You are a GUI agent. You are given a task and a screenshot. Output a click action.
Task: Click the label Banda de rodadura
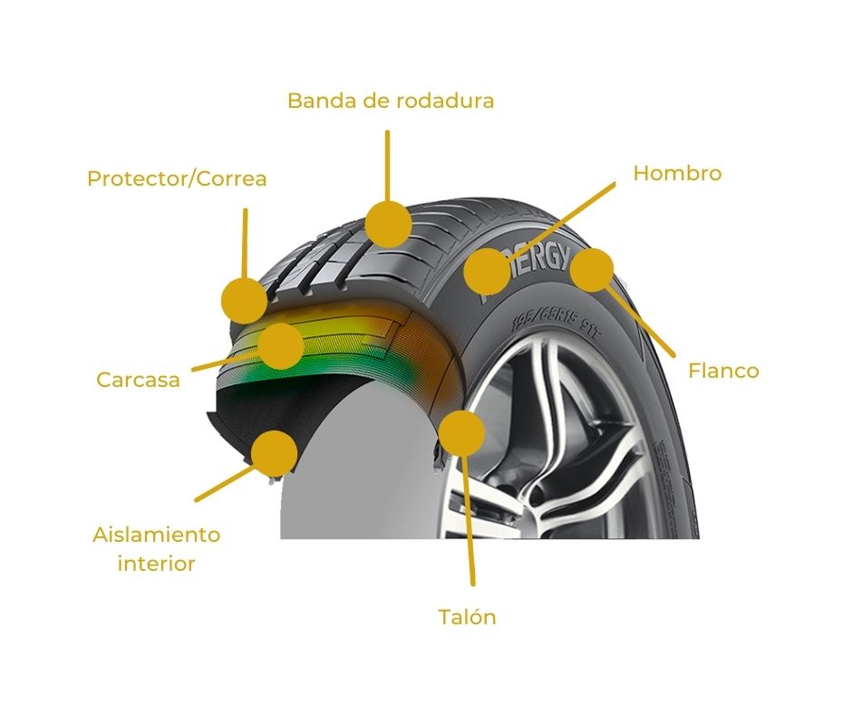click(391, 101)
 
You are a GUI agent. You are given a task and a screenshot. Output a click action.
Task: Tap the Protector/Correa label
click(177, 178)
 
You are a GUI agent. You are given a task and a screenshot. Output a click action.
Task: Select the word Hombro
click(677, 173)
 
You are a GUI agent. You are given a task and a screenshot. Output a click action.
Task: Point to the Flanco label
click(723, 371)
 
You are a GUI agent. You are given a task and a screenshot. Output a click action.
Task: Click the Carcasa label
click(138, 380)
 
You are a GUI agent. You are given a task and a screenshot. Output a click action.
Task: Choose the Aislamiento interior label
click(156, 549)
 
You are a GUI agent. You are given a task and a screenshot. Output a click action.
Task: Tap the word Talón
click(467, 618)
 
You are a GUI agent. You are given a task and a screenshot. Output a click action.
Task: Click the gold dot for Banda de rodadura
click(388, 224)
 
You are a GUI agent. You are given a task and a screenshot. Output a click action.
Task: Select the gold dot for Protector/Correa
click(245, 300)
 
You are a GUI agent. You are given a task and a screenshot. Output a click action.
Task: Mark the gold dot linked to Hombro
click(488, 271)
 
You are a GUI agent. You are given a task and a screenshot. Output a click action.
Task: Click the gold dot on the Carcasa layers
click(280, 345)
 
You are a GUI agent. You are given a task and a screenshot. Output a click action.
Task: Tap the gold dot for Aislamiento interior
click(275, 452)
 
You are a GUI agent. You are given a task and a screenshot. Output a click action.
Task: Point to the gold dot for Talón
click(461, 432)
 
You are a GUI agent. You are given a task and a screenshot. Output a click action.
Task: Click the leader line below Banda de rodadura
click(387, 163)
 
